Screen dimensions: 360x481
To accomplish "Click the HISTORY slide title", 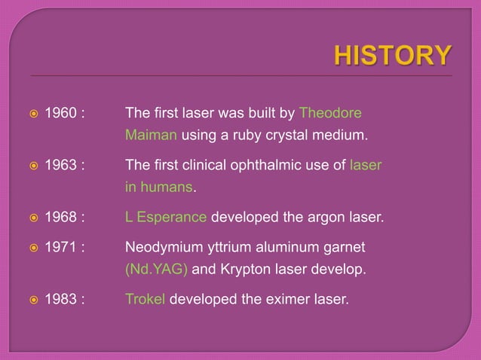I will click(x=394, y=55).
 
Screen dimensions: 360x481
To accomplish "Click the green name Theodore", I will click(x=330, y=114).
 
